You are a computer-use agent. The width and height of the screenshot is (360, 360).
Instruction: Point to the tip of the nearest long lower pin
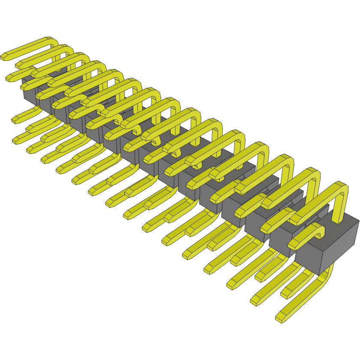[x=281, y=318]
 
